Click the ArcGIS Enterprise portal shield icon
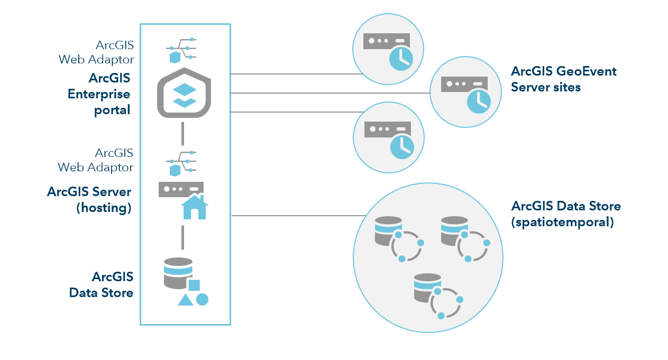coord(184,93)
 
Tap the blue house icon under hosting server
coord(194,207)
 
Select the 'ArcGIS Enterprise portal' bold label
coord(99,94)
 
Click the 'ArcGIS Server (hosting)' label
coord(89,199)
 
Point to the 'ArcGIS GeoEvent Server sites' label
coord(564,79)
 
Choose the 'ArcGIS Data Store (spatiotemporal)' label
coord(566,214)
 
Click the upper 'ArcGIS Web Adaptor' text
coord(96,52)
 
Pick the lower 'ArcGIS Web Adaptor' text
coord(96,160)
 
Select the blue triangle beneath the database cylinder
coord(185,300)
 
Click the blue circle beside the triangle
coord(202,299)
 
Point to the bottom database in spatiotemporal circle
coord(428,288)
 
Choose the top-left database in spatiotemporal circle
coord(388,230)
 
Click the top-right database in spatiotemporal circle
coord(454,230)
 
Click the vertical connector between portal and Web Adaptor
coord(182,133)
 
